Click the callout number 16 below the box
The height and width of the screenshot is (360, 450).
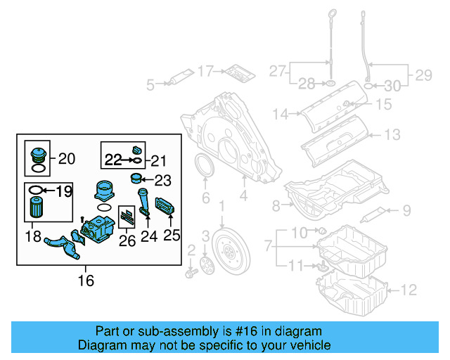86,281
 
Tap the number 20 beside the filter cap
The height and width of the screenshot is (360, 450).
66,159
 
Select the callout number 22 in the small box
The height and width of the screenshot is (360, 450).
113,160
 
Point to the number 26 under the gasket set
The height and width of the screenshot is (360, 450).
128,242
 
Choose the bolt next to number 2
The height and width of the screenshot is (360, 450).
191,271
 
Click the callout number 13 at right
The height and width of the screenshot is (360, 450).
392,134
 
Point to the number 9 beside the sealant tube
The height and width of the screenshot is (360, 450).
406,209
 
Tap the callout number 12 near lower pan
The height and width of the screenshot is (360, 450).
409,289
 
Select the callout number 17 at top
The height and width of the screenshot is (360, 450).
205,71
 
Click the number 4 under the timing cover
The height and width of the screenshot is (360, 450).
243,198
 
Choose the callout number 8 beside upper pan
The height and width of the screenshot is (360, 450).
276,205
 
